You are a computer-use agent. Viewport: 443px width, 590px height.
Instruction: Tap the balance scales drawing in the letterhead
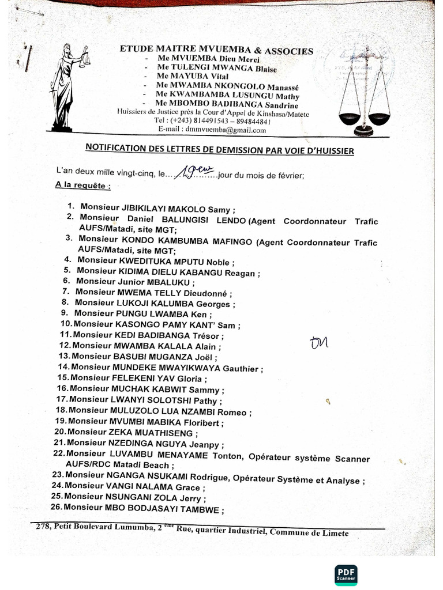[364, 92]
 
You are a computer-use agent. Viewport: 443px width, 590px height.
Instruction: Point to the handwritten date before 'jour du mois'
[196, 171]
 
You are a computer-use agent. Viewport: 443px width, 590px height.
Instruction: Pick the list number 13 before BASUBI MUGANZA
[63, 356]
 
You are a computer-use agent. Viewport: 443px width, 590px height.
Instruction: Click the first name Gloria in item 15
[186, 378]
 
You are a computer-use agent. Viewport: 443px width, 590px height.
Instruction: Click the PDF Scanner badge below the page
[346, 574]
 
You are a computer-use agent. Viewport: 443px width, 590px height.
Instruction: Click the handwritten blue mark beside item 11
[318, 342]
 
